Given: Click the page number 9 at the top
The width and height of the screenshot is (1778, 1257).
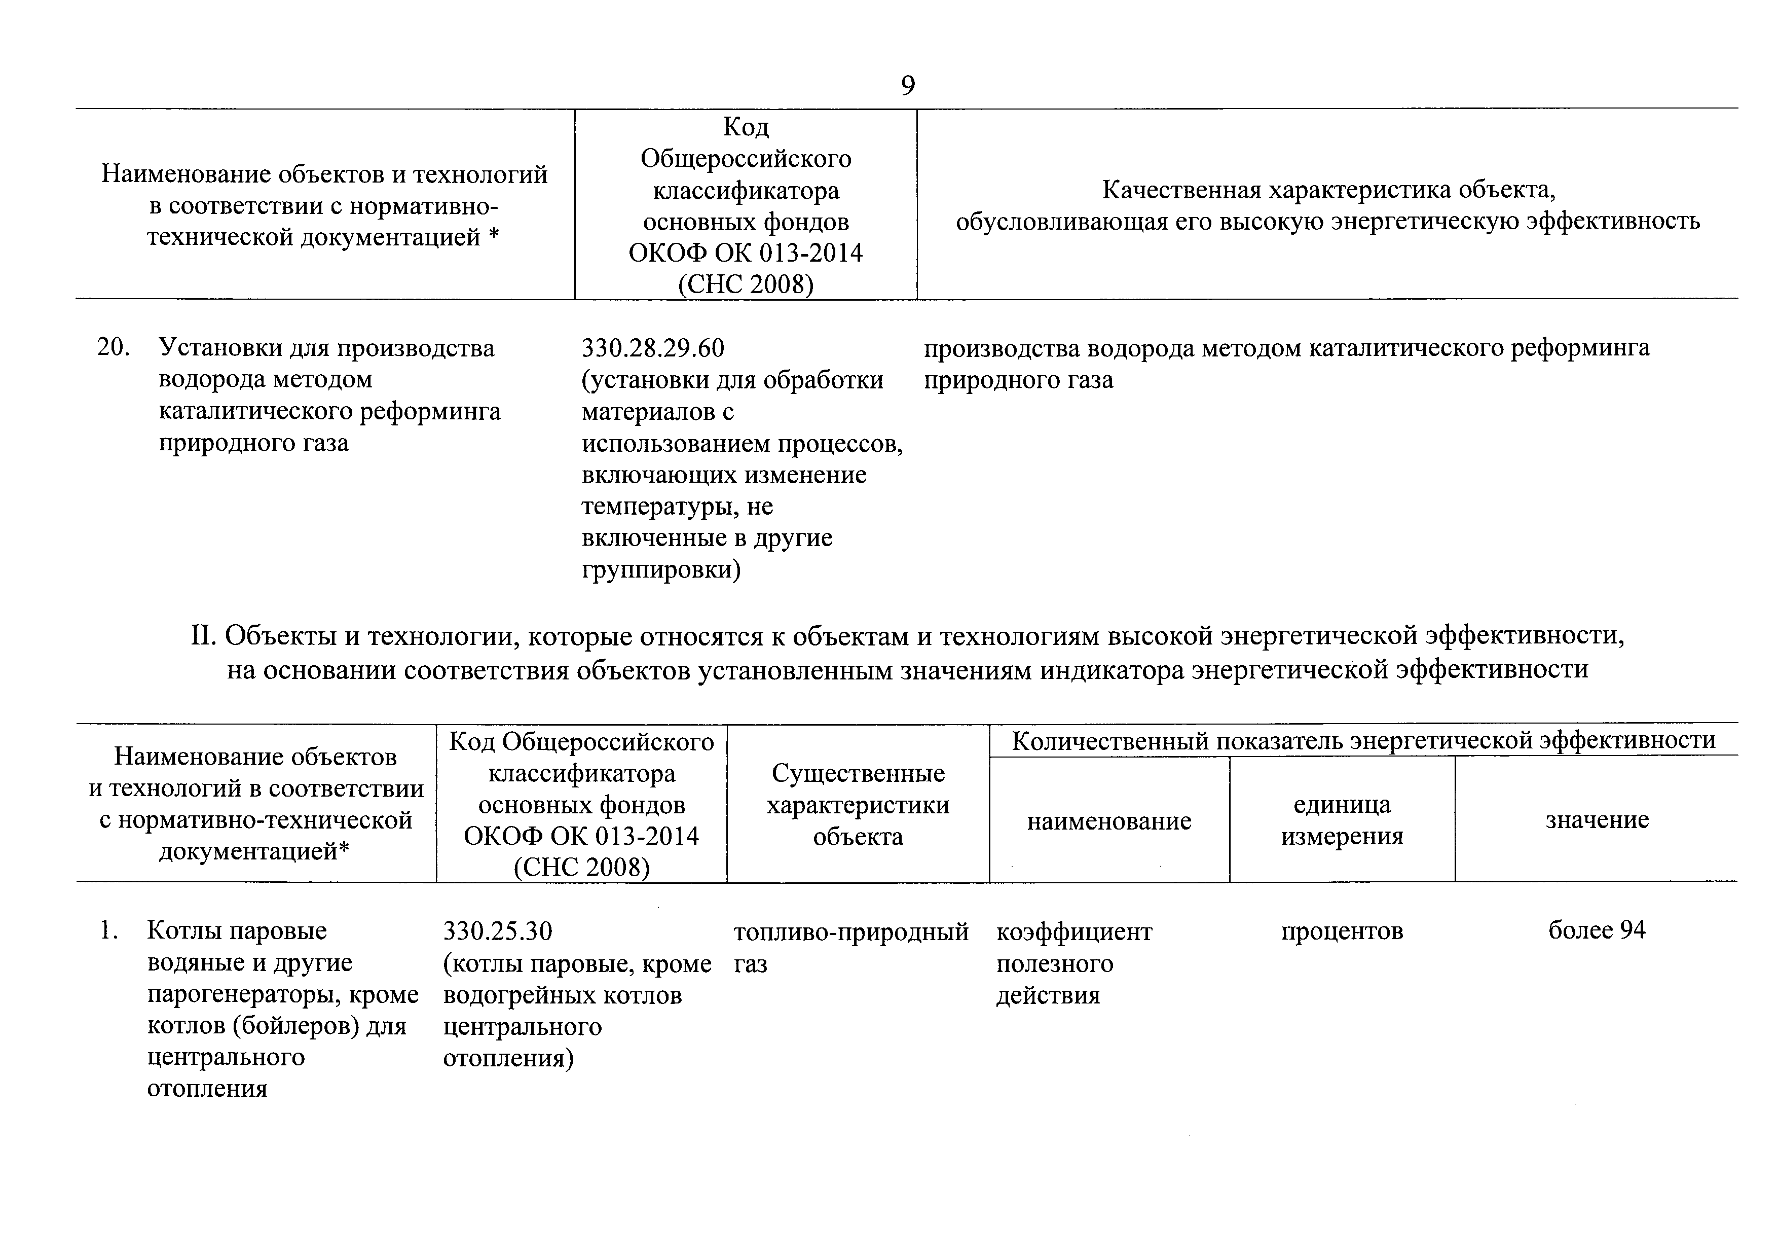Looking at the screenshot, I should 908,85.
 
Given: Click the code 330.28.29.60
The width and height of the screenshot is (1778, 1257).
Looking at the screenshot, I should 653,348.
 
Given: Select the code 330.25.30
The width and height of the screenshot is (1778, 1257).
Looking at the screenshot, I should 497,931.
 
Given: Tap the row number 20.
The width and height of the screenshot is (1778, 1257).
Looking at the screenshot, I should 113,348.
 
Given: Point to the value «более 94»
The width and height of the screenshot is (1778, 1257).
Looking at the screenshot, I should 1597,930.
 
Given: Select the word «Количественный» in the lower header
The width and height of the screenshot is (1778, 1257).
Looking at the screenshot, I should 1109,741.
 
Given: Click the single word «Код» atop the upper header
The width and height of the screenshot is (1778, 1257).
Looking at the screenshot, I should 745,126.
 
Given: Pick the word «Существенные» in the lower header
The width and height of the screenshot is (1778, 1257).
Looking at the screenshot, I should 858,773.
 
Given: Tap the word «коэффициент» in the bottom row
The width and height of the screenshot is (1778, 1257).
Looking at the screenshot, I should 1073,931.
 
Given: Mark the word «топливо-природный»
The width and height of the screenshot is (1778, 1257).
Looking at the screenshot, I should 850,931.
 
